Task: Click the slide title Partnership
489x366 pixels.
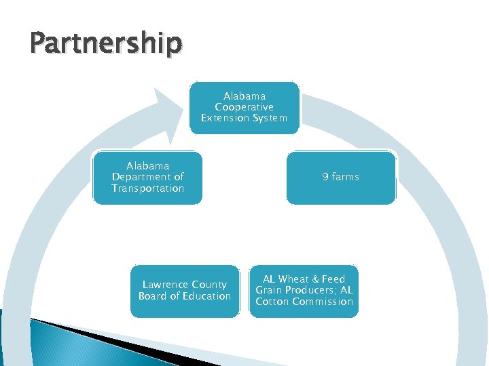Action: pyautogui.click(x=106, y=43)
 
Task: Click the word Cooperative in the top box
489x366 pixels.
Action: pyautogui.click(x=244, y=107)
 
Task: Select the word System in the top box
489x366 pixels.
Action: pyautogui.click(x=270, y=118)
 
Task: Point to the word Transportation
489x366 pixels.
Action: pyautogui.click(x=147, y=188)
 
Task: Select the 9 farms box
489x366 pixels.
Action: pyautogui.click(x=340, y=178)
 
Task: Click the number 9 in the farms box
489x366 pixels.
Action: pyautogui.click(x=325, y=177)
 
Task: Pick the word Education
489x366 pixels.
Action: pyautogui.click(x=208, y=296)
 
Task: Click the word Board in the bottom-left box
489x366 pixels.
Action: pyautogui.click(x=152, y=296)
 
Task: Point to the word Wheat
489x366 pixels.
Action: pyautogui.click(x=294, y=279)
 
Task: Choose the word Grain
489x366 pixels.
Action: pyautogui.click(x=268, y=290)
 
